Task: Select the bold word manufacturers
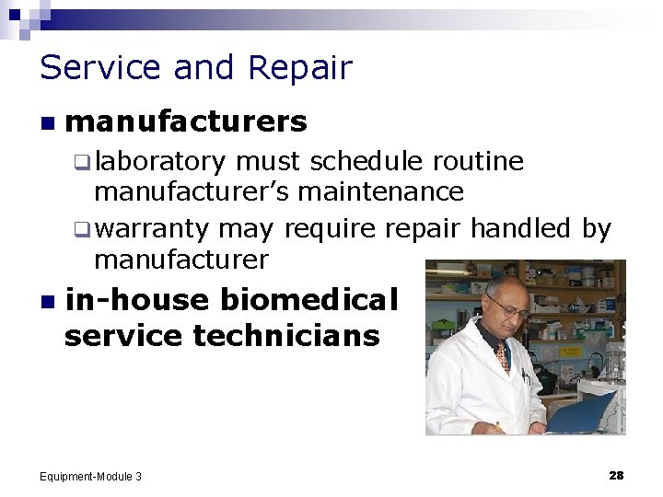click(186, 121)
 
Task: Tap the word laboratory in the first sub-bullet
click(159, 163)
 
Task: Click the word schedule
click(366, 163)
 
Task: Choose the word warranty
click(152, 228)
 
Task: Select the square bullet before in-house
click(46, 301)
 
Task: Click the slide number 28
click(616, 475)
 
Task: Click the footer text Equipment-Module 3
click(91, 476)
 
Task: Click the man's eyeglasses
click(509, 310)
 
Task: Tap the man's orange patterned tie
click(503, 355)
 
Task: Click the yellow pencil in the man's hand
click(499, 427)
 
